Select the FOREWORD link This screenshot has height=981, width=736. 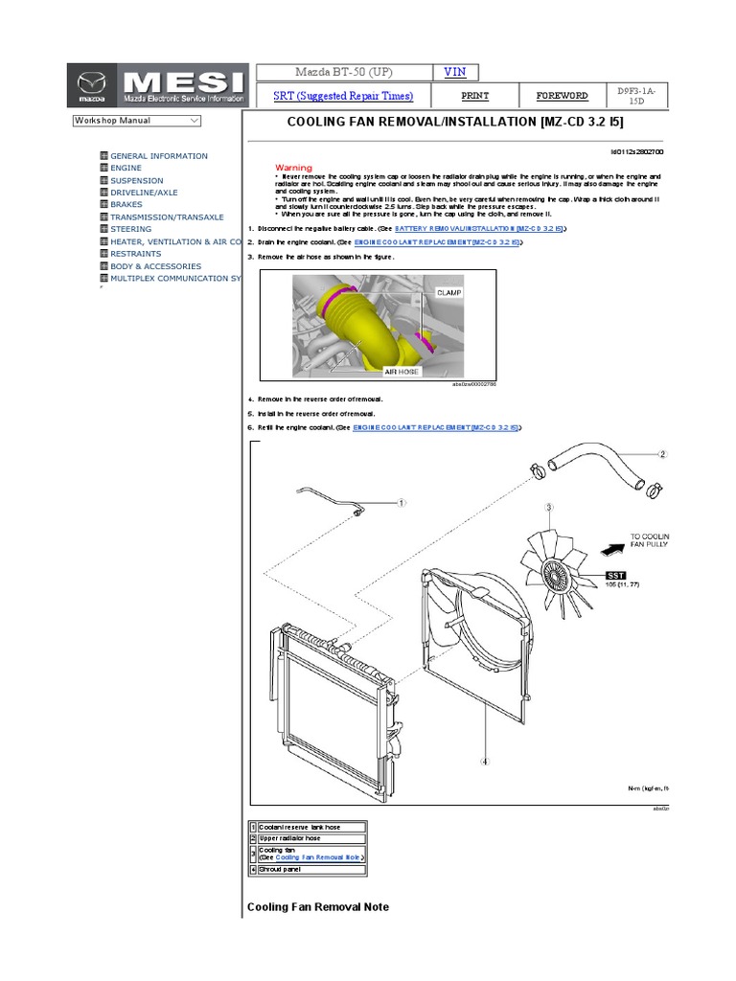click(563, 96)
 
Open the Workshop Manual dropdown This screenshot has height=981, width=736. click(136, 121)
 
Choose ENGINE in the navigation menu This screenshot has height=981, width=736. click(126, 168)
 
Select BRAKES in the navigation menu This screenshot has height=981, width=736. click(126, 204)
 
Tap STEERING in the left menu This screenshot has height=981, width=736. click(130, 229)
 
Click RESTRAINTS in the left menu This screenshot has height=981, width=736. click(136, 254)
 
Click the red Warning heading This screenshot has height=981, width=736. click(293, 168)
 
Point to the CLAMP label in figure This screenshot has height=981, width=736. click(448, 291)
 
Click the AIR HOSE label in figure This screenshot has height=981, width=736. click(403, 370)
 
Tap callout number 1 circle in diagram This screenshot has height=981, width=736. click(402, 502)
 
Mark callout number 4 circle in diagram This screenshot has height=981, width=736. click(485, 762)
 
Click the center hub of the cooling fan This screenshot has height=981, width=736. click(554, 573)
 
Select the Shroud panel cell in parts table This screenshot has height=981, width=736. click(306, 870)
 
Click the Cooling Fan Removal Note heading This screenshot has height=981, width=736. click(318, 906)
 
